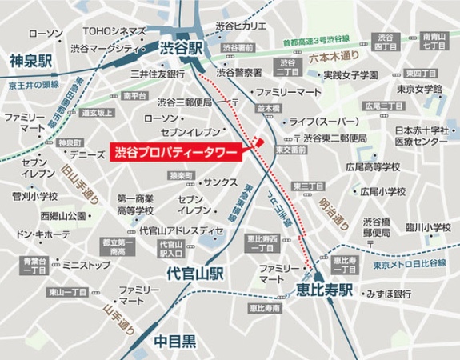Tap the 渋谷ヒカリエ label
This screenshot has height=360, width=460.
coord(242,27)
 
